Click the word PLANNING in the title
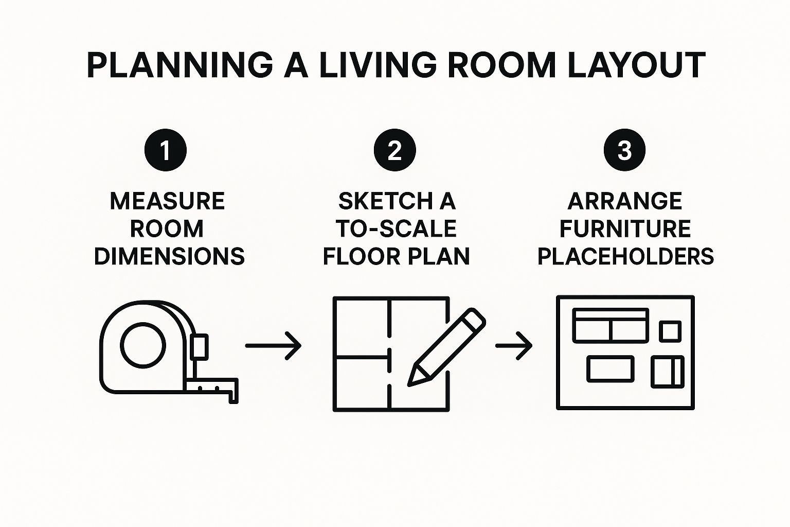[x=180, y=65]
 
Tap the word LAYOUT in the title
[x=637, y=65]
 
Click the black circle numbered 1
[x=166, y=150]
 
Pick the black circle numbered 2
[x=395, y=150]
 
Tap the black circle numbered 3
[x=624, y=150]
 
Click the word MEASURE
[x=168, y=201]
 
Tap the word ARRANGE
[x=625, y=201]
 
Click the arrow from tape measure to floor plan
[x=273, y=345]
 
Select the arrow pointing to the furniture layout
[x=514, y=345]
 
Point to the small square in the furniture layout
[x=670, y=331]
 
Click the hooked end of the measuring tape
[x=234, y=395]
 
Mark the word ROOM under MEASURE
[x=167, y=229]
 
